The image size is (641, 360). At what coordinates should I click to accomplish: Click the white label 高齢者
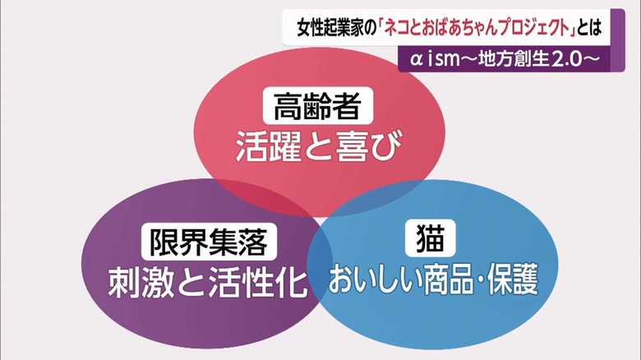(x=318, y=105)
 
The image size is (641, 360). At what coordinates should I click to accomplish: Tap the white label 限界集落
(x=209, y=242)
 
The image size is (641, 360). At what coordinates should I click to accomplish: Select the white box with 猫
(x=431, y=238)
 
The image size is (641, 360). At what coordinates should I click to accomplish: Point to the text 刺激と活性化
(x=208, y=282)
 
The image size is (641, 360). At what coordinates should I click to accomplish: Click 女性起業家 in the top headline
(x=330, y=29)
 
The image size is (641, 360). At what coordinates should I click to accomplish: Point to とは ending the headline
(x=589, y=29)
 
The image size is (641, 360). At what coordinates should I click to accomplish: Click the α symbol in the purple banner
(x=416, y=60)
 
